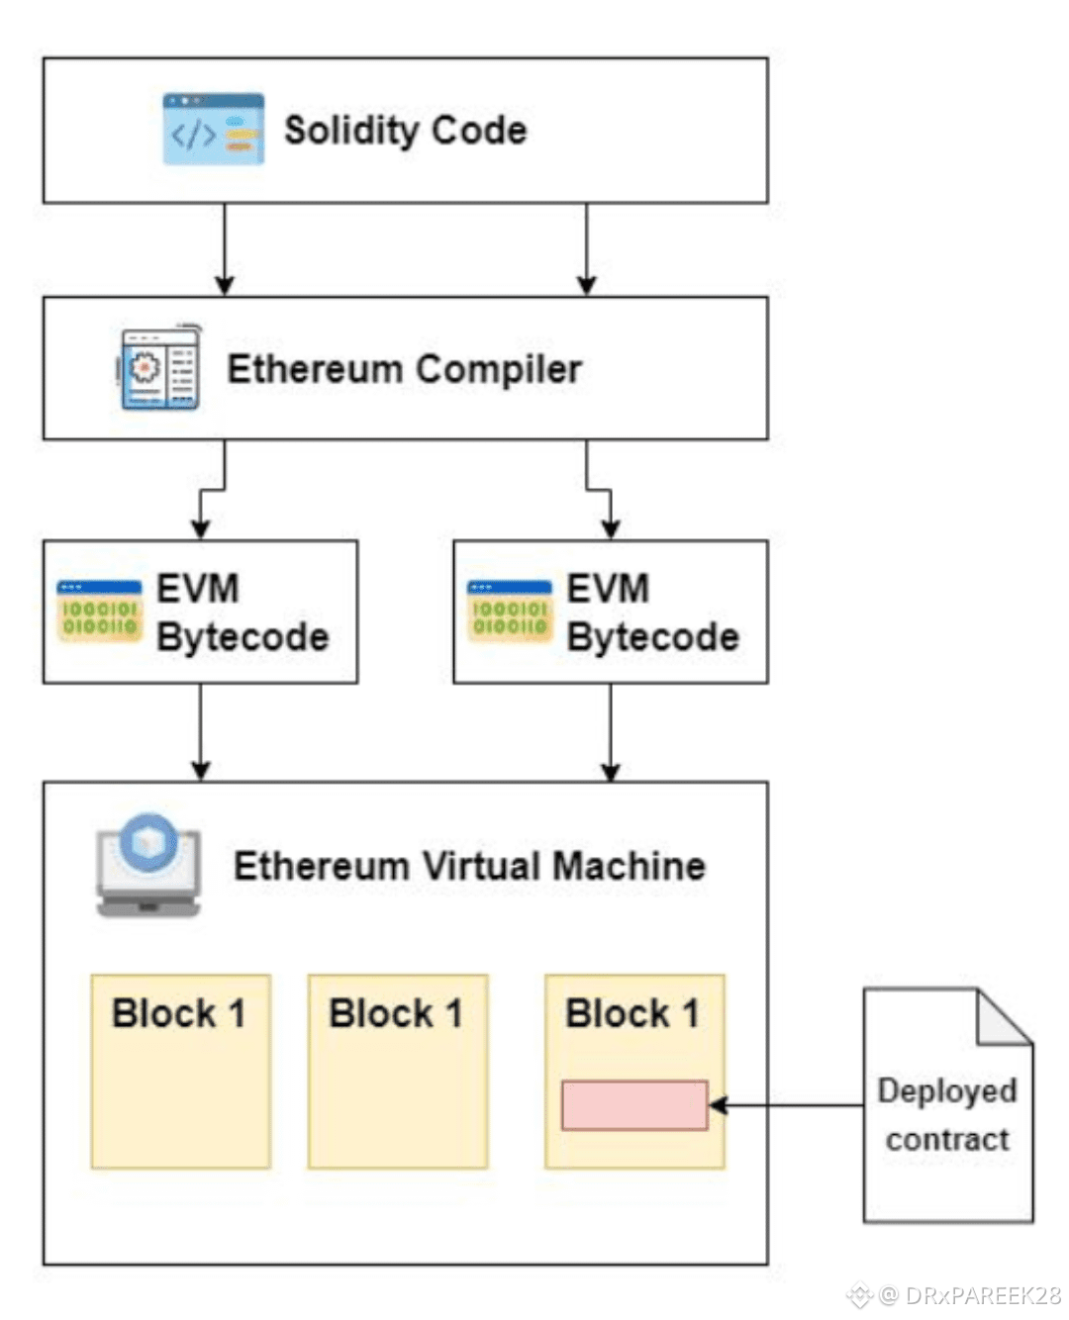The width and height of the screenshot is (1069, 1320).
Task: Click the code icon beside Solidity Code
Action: tap(213, 129)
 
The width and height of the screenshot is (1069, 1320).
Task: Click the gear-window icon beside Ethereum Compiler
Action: tap(159, 367)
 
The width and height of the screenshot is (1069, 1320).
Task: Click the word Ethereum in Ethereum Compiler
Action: tap(315, 369)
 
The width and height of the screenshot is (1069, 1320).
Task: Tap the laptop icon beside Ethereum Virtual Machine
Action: tap(148, 867)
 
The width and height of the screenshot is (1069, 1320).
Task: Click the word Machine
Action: tap(630, 866)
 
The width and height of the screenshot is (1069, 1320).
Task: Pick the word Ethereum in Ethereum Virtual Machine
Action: tap(322, 866)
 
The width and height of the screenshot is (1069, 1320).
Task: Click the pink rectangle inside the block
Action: tap(634, 1105)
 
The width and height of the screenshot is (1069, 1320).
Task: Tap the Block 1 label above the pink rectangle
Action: tap(632, 1013)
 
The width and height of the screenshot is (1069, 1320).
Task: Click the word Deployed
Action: tap(947, 1090)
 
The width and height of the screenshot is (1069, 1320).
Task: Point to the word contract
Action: tap(947, 1140)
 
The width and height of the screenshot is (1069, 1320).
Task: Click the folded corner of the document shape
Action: tap(1002, 1019)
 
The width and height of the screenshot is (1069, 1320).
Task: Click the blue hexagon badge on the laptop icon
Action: tap(148, 842)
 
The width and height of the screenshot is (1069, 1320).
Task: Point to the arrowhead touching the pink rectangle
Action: tap(719, 1105)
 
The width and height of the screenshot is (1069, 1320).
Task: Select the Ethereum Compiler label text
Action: tap(404, 369)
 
